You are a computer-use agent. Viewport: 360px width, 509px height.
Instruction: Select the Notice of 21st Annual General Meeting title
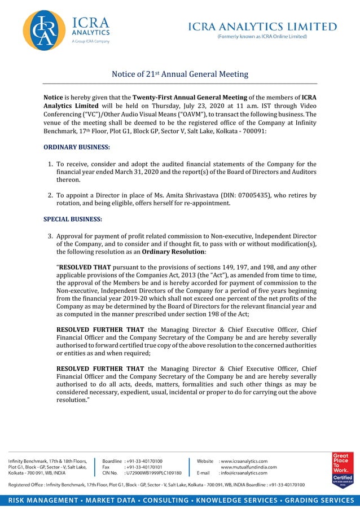(x=180, y=74)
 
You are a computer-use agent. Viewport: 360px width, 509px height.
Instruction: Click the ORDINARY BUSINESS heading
(x=77, y=147)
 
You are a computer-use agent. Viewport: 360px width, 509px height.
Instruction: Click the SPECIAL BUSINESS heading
(x=73, y=219)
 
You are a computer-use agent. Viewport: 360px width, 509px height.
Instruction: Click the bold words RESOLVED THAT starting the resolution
(x=86, y=267)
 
